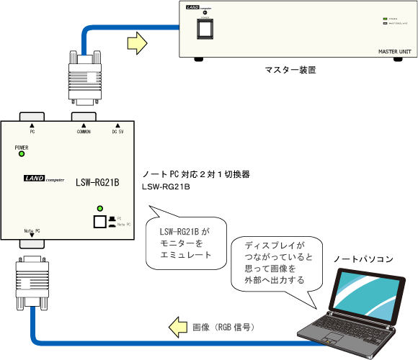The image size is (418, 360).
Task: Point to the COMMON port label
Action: click(84, 132)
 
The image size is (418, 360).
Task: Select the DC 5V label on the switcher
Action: click(118, 132)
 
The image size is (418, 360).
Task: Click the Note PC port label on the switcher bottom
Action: click(32, 230)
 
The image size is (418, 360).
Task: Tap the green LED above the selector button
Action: click(99, 209)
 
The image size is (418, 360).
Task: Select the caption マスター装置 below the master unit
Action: click(290, 71)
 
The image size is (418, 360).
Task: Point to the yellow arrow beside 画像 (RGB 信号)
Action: click(177, 328)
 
